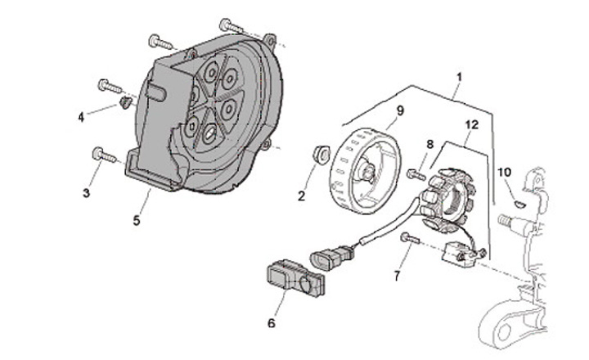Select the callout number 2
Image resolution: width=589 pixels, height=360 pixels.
pos(301,196)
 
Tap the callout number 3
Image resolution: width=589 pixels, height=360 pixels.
pos(85,192)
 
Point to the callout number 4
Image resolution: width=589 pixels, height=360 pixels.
pos(81,117)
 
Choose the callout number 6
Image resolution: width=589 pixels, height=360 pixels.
pos(272,322)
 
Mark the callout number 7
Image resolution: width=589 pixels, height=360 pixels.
pos(398,277)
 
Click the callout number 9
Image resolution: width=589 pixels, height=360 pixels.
pos(400,110)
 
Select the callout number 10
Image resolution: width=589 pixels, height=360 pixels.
pos(504,172)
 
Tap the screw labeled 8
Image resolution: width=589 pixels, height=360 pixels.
pos(415,173)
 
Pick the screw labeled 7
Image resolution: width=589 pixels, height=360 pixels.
pos(410,237)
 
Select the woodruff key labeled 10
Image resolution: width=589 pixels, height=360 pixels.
pos(518,196)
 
